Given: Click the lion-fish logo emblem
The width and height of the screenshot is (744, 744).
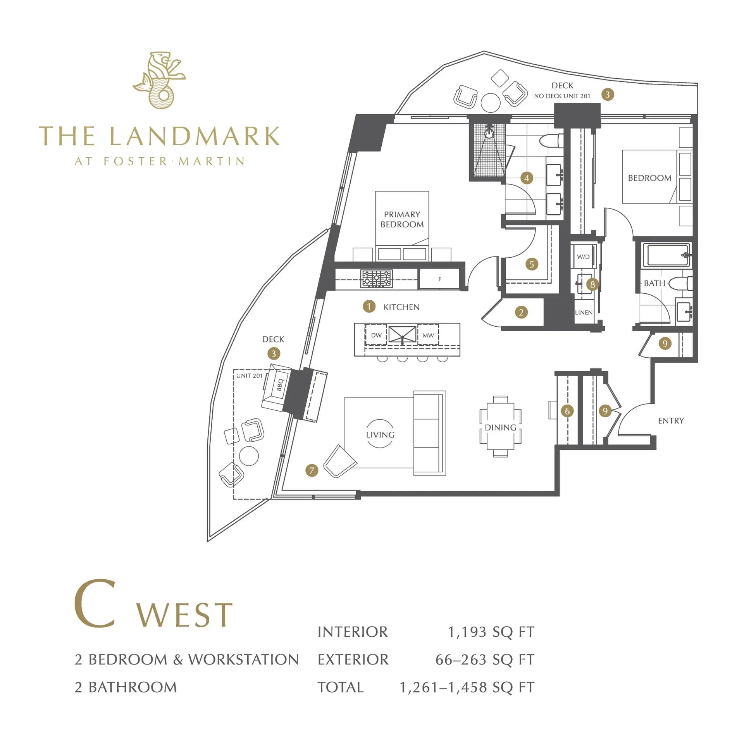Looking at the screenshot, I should click(159, 81).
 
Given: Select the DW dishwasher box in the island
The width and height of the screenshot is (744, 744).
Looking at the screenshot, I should click(376, 335).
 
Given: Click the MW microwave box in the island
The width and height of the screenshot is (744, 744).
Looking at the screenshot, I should click(428, 335).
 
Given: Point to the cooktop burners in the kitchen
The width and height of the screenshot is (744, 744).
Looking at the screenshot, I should click(376, 279).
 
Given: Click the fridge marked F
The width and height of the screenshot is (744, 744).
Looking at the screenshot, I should click(439, 279).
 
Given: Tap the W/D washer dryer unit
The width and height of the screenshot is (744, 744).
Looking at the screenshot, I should click(583, 257).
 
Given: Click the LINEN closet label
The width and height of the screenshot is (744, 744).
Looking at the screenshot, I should click(584, 312).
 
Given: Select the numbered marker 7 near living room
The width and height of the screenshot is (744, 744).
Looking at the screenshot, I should click(312, 470).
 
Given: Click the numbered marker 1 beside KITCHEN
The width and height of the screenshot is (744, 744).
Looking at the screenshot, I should click(369, 307).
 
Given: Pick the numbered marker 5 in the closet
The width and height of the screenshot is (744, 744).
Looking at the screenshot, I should click(532, 264).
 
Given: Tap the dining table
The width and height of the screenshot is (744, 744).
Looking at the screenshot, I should click(500, 427).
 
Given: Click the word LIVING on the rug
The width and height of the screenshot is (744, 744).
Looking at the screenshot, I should click(380, 435).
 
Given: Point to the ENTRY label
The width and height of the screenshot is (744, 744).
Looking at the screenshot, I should click(671, 420).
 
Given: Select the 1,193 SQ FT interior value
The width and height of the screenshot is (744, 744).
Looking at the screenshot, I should click(491, 632).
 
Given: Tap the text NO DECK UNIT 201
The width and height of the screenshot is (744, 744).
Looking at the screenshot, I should click(562, 96).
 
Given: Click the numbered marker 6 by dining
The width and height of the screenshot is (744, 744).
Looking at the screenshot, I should click(567, 411).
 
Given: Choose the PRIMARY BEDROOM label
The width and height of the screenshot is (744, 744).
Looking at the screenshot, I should click(402, 219).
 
